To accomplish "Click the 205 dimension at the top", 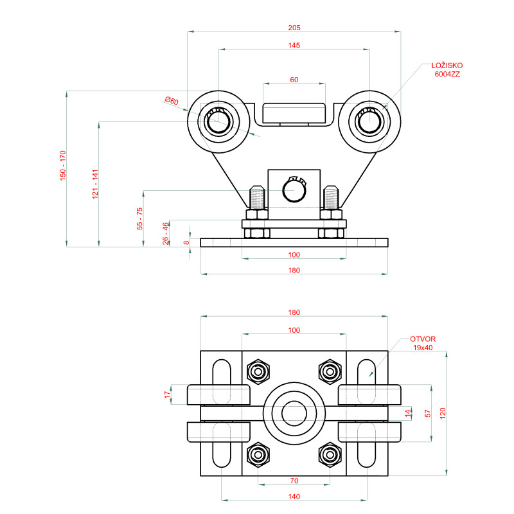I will click(x=294, y=28).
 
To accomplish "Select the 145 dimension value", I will click(x=294, y=46).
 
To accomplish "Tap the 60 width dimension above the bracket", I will click(x=294, y=80).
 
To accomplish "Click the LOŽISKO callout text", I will click(x=447, y=66).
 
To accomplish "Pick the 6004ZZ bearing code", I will click(x=447, y=75).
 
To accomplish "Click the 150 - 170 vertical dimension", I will click(x=64, y=165).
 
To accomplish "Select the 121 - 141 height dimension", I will click(x=95, y=184).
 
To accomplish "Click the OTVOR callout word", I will click(x=423, y=339).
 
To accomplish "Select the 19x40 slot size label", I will click(x=424, y=348).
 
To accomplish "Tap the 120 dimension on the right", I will click(x=442, y=414).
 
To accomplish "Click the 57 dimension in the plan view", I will click(x=427, y=414).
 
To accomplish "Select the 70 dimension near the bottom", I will click(x=294, y=480).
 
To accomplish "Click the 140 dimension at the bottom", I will click(x=294, y=496).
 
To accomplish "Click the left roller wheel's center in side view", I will click(x=218, y=120).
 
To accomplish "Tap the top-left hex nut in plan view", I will click(x=258, y=370).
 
